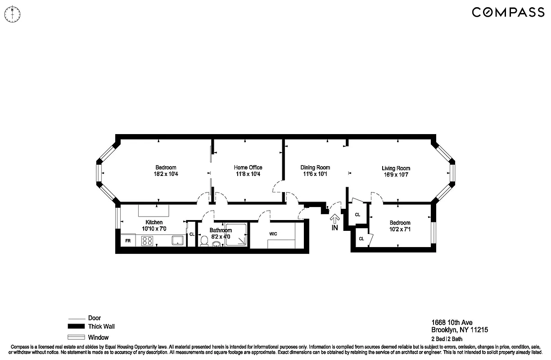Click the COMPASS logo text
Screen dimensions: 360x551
[x=508, y=13]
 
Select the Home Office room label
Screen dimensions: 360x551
[x=248, y=167]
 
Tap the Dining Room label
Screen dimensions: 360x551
[x=315, y=167]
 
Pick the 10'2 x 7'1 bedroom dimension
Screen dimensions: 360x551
[x=400, y=229]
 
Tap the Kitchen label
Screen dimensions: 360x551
[x=154, y=222]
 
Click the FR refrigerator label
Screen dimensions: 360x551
[x=128, y=241]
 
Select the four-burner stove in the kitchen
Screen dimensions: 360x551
[x=147, y=241]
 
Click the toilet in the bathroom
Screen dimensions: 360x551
[x=203, y=242]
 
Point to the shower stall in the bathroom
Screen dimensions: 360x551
[x=236, y=235]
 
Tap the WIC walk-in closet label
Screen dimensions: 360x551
[x=273, y=234]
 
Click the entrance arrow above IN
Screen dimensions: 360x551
[x=334, y=219]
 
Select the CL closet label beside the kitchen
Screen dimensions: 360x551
[x=191, y=234]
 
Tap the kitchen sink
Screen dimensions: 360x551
[x=178, y=241]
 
